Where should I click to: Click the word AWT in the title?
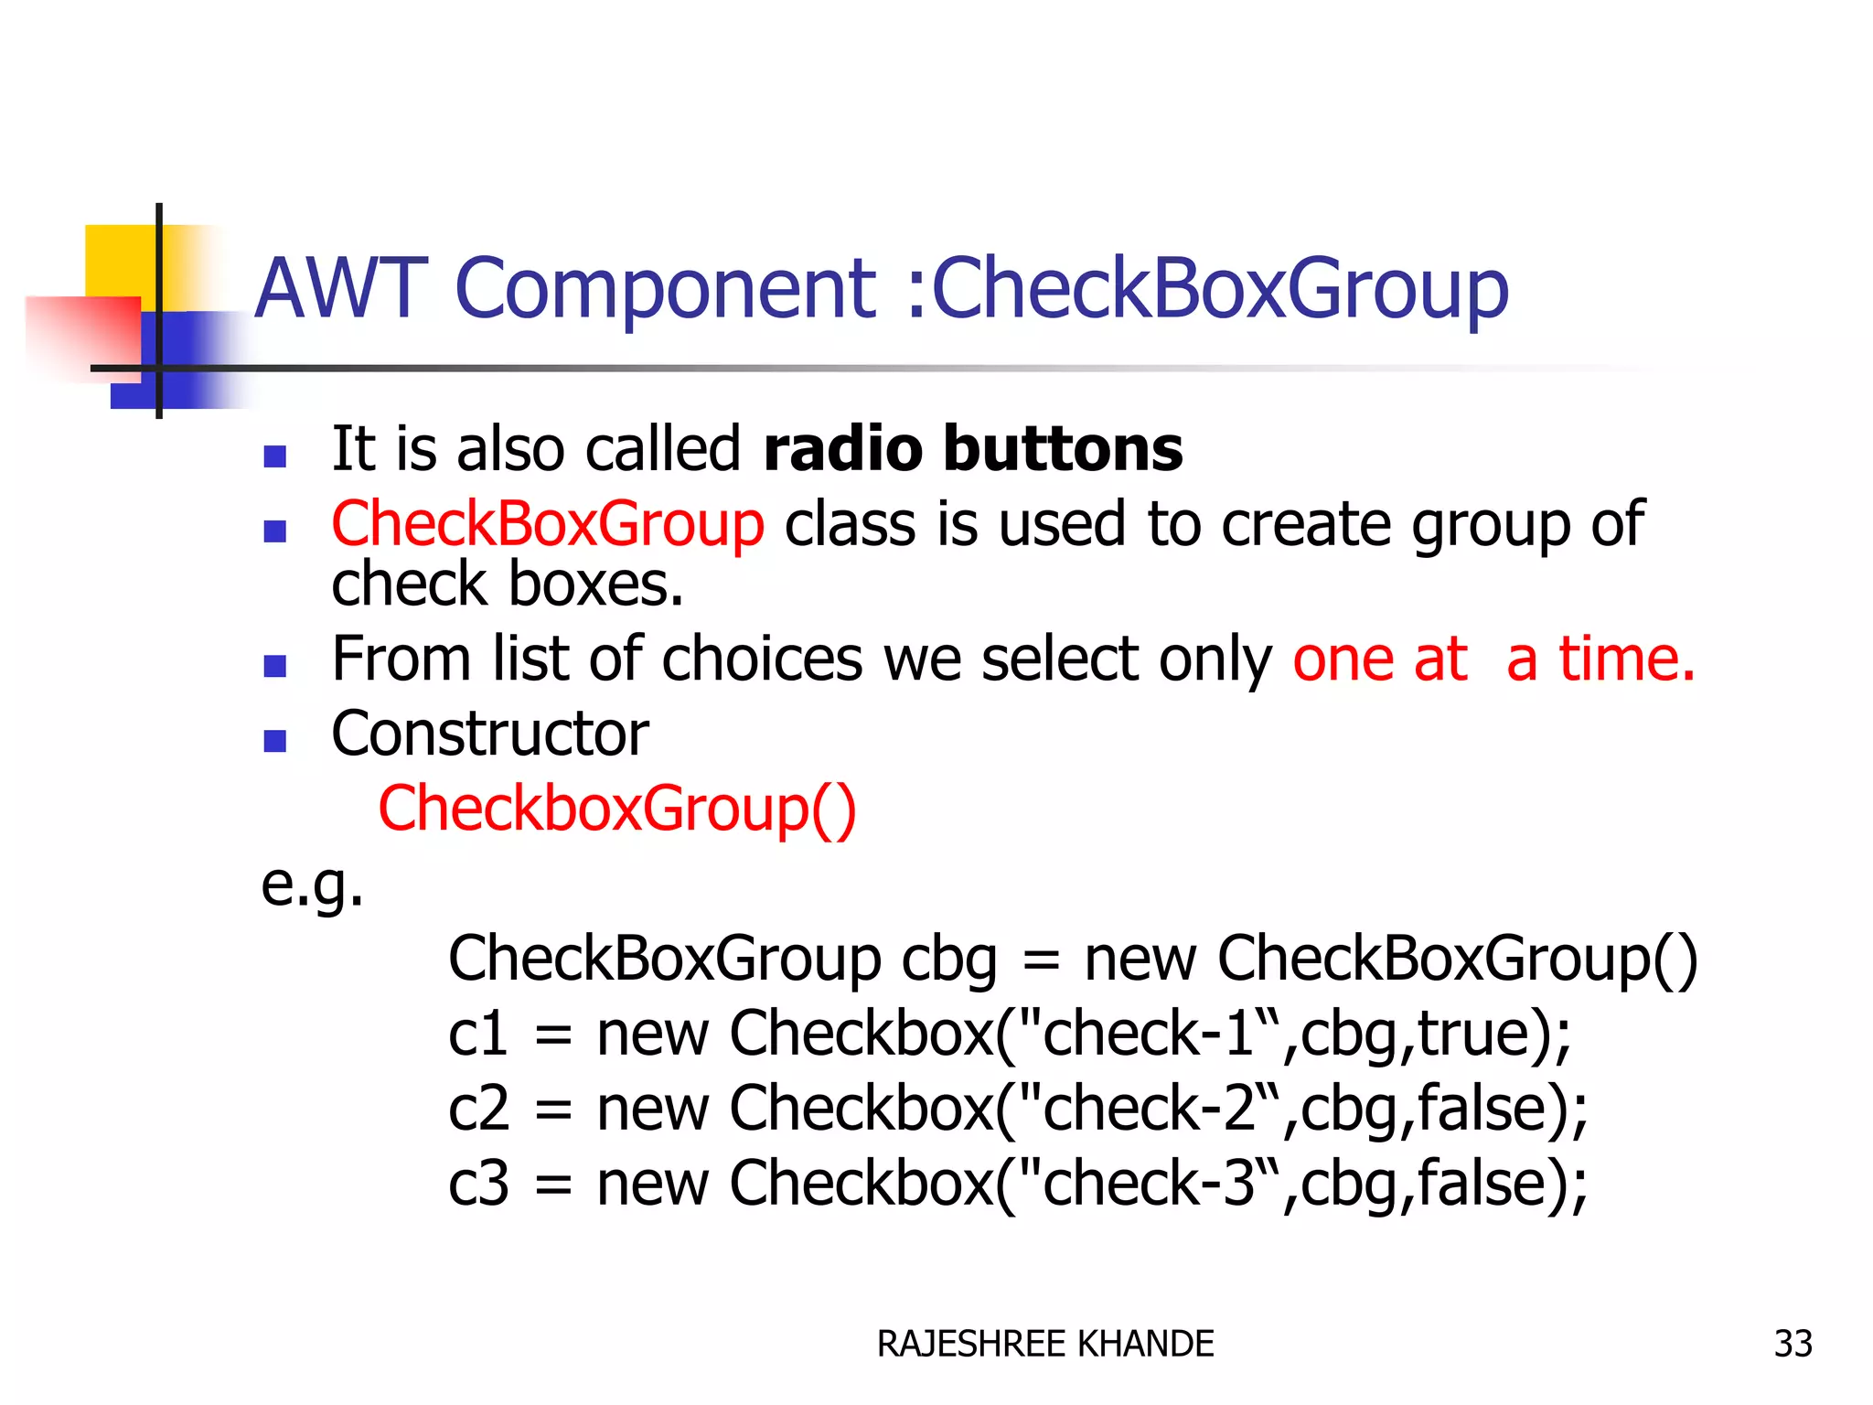340,288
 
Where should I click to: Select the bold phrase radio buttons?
972,449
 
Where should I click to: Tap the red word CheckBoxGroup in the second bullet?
547,525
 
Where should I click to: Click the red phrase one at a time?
1493,659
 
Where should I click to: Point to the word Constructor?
489,734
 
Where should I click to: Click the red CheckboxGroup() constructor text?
617,809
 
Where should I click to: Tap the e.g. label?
312,885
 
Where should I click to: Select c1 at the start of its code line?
477,1035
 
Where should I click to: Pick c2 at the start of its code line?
477,1109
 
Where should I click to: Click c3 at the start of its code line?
477,1184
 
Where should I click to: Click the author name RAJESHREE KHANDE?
1044,1344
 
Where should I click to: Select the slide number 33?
1793,1344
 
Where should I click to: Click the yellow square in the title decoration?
119,260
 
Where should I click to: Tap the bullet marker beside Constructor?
274,740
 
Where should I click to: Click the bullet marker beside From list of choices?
274,665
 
